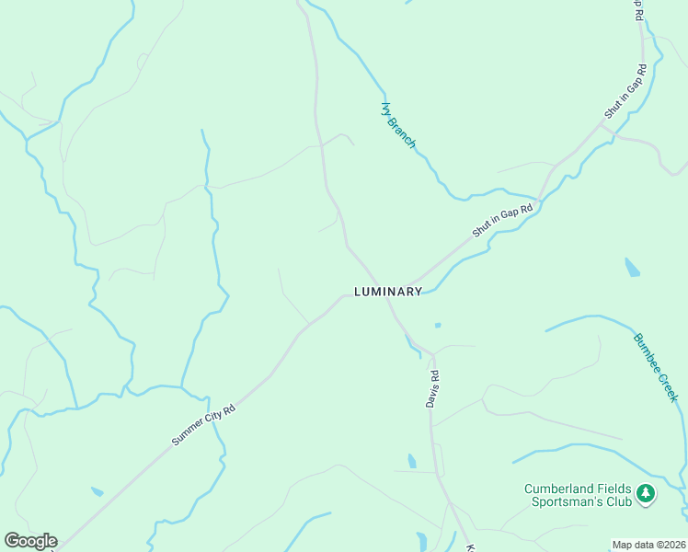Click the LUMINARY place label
tap(388, 292)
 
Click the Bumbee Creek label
tap(655, 367)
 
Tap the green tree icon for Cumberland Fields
tap(647, 495)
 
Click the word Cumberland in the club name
tap(560, 489)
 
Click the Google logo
tap(30, 541)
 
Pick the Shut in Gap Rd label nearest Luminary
tap(503, 221)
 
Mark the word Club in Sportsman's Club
tap(622, 502)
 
